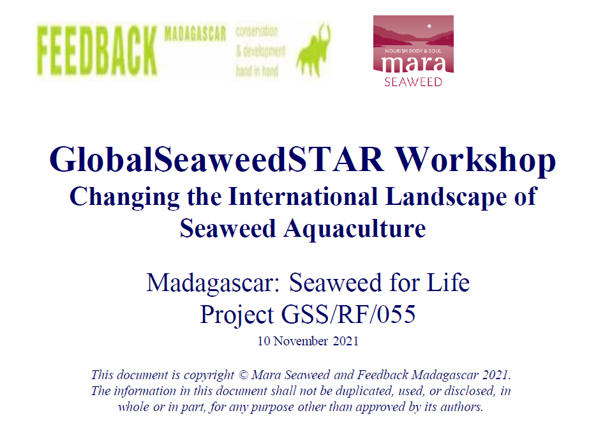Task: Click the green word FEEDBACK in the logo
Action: point(97,51)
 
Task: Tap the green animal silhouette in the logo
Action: point(314,50)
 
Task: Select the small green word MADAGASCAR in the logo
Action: point(195,34)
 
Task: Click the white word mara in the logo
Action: point(414,64)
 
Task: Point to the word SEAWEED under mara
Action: point(414,82)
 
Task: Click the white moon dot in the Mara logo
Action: point(429,26)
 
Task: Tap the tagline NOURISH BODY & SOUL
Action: point(414,50)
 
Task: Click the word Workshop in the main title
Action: point(475,160)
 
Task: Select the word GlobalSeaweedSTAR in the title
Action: point(217,160)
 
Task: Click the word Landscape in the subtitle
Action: point(446,197)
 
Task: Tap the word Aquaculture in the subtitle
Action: point(355,229)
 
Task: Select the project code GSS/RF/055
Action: point(348,314)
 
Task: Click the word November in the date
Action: point(301,341)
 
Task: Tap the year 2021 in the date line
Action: point(346,341)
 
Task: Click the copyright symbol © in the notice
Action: point(243,375)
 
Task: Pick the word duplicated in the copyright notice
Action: point(363,391)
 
